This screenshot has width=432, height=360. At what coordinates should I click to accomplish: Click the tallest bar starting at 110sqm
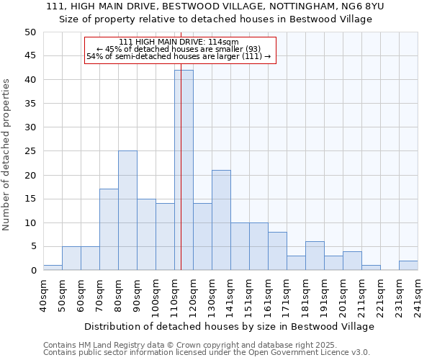click(x=184, y=170)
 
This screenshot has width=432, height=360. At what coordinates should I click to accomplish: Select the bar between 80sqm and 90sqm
click(x=127, y=210)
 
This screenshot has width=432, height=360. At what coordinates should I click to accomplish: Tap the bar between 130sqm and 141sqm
click(x=221, y=220)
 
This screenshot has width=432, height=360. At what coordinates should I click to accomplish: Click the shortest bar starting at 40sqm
click(x=53, y=268)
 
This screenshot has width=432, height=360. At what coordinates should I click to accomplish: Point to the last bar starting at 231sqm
click(x=408, y=265)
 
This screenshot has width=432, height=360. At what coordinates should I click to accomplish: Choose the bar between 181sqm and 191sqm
click(x=315, y=256)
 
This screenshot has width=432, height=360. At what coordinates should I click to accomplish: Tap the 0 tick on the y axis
click(x=32, y=271)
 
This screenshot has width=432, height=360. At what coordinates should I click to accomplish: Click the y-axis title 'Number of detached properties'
click(x=6, y=156)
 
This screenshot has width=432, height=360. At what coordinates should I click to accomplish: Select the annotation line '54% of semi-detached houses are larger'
click(x=178, y=56)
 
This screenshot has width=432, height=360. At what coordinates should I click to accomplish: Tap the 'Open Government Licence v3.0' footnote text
click(x=317, y=352)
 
